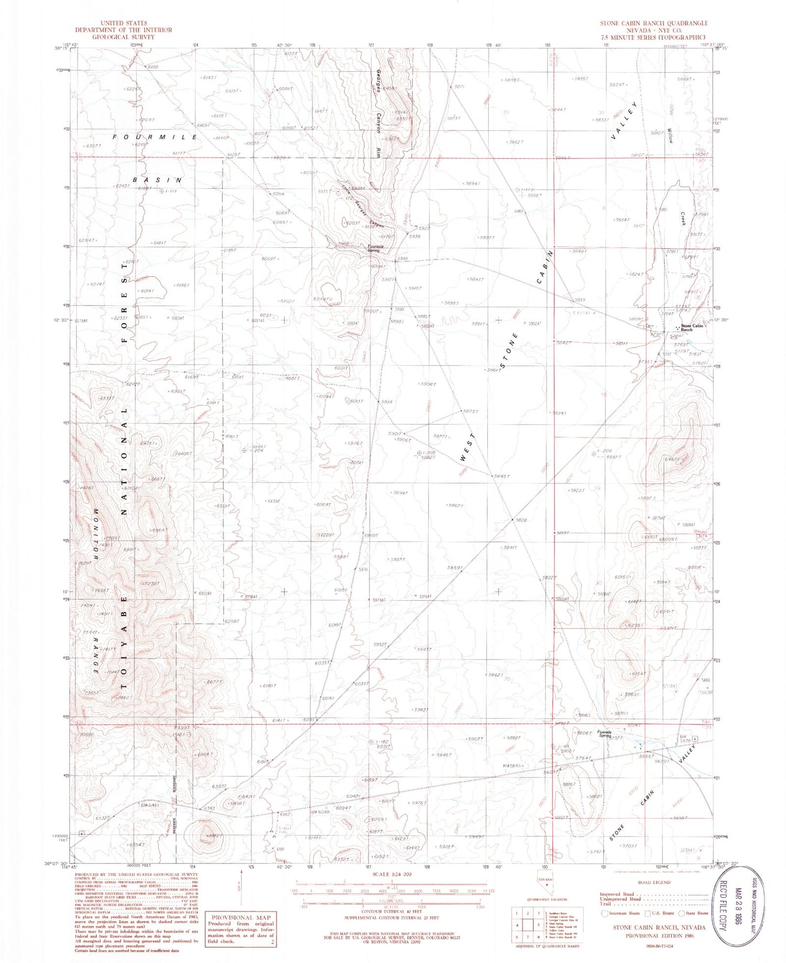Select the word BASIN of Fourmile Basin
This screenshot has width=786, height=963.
(x=157, y=180)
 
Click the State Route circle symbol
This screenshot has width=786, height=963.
(x=681, y=913)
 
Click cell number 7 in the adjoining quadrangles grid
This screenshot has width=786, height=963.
(x=528, y=936)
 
